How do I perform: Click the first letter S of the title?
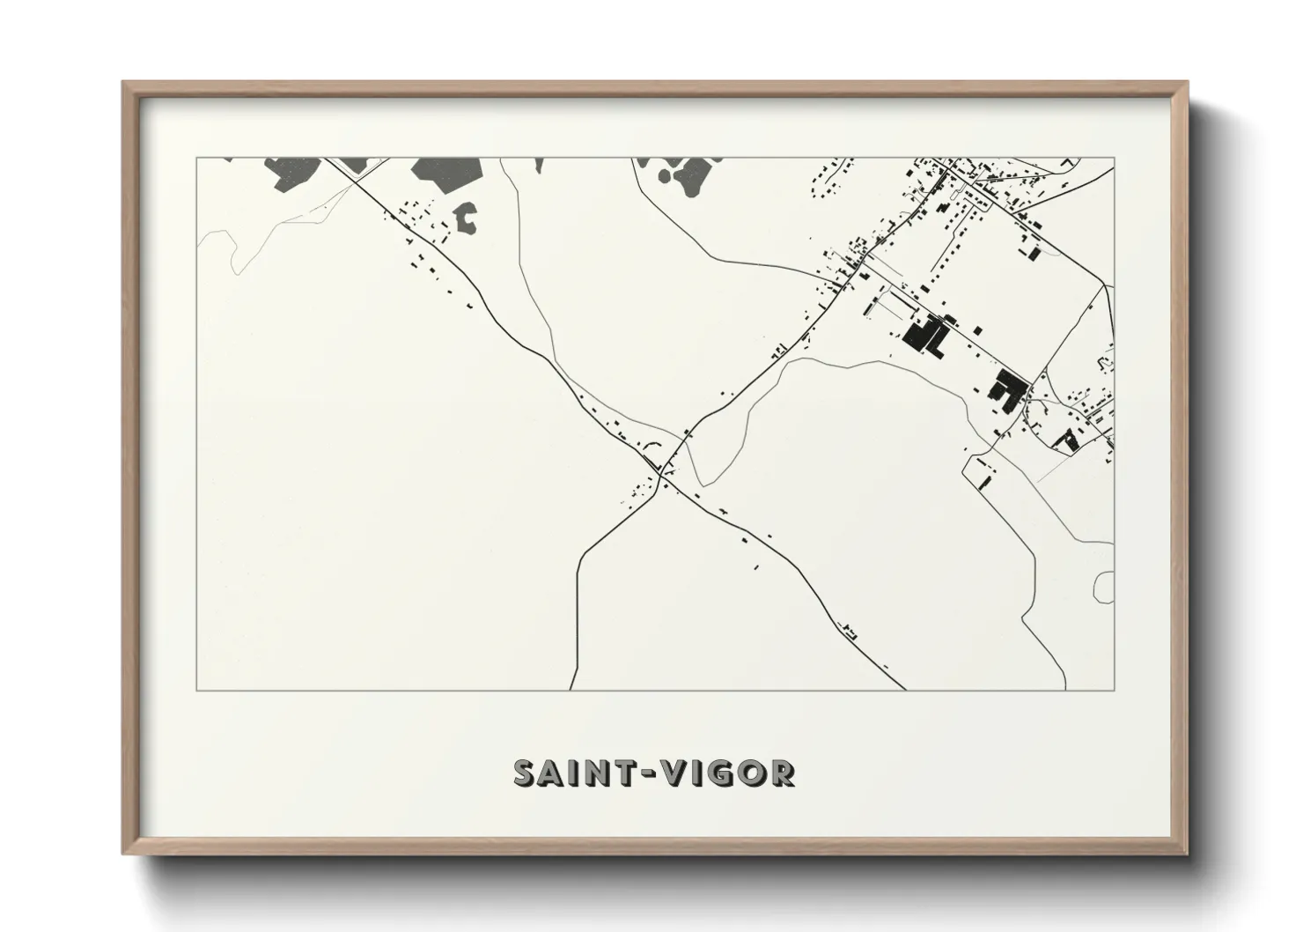point(525,773)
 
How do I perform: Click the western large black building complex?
point(924,336)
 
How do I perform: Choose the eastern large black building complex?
point(1006,388)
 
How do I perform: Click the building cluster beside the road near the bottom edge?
point(850,630)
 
